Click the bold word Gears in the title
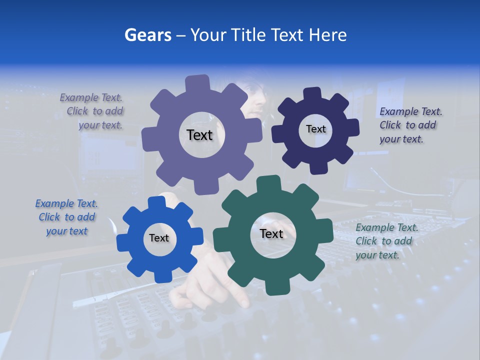click(147, 35)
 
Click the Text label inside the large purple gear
click(199, 135)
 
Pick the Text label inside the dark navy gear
click(315, 129)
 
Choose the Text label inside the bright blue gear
click(159, 238)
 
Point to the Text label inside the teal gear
click(271, 234)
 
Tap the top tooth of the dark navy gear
click(312, 93)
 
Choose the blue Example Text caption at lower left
click(66, 217)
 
